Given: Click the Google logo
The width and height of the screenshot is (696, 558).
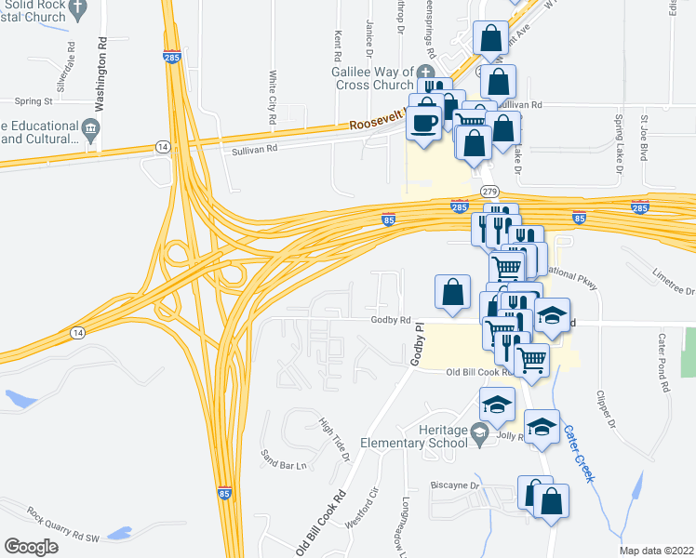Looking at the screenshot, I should [x=31, y=546].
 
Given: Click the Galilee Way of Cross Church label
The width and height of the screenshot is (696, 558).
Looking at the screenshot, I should [x=369, y=76].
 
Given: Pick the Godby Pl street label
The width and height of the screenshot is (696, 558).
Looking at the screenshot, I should [x=419, y=343].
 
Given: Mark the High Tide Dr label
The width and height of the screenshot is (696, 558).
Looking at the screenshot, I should [x=334, y=438].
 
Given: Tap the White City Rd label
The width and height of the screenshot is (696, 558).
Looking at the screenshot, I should [x=273, y=98].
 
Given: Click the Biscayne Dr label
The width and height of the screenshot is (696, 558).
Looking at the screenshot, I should [x=454, y=485].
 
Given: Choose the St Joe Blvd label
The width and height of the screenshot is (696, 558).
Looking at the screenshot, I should [x=642, y=139].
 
